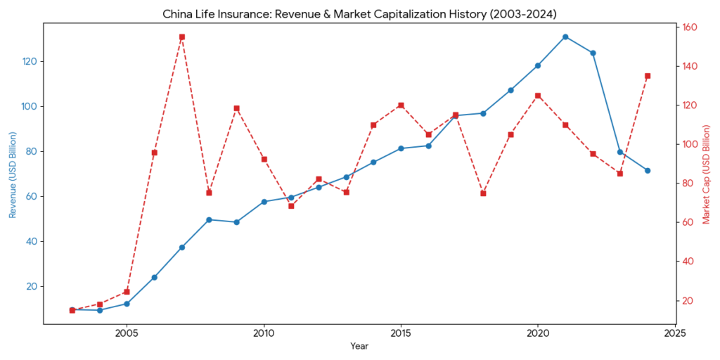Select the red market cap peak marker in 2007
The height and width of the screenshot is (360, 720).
click(181, 37)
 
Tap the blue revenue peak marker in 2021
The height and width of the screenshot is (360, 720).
click(565, 37)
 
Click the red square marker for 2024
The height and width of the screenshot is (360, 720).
click(648, 76)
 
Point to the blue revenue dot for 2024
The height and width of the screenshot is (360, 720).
click(648, 171)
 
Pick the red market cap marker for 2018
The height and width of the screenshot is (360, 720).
click(483, 193)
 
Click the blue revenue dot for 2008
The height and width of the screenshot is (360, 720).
click(209, 219)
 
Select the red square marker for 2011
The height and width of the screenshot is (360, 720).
click(291, 206)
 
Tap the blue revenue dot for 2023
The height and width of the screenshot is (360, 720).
click(620, 152)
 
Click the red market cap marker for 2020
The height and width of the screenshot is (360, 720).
click(538, 96)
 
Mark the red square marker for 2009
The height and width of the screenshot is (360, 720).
click(236, 108)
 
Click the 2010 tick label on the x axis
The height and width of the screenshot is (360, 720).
click(264, 333)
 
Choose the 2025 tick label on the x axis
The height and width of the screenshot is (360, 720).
click(675, 333)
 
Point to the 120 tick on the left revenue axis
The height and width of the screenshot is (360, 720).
click(30, 62)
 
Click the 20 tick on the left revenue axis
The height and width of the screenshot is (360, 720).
click(32, 287)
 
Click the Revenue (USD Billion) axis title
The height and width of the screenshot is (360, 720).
click(13, 174)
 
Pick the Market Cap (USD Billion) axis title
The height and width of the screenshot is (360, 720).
click(707, 174)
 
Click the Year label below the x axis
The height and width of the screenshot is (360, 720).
click(359, 347)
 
